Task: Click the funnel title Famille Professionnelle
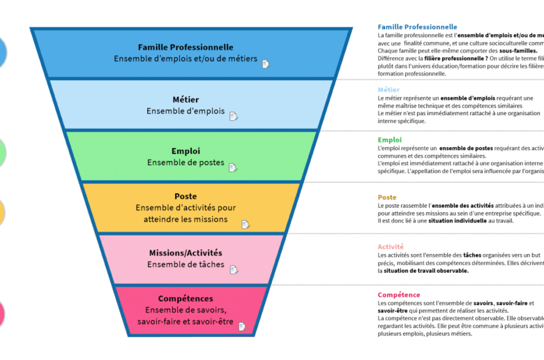tap(186, 47)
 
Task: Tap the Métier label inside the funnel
tap(186, 99)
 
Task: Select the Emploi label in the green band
tap(186, 151)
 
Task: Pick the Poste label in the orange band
tap(186, 196)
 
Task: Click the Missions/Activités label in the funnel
tap(186, 253)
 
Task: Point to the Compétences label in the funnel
tap(186, 299)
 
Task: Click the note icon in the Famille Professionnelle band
tap(265, 64)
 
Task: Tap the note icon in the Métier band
tap(234, 116)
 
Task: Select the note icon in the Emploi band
tap(233, 167)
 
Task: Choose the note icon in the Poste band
tap(245, 224)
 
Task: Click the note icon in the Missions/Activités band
tap(234, 269)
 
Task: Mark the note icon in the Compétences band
tap(241, 326)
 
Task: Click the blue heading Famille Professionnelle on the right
tap(417, 27)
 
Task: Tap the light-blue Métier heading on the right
tap(388, 90)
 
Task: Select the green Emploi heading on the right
tap(389, 140)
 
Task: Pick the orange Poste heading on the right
tap(387, 197)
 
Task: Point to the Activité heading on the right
tap(391, 247)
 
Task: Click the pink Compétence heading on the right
tap(399, 295)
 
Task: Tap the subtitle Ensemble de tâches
tap(186, 264)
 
